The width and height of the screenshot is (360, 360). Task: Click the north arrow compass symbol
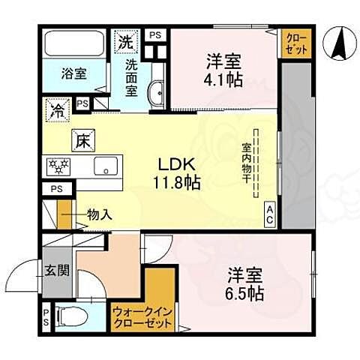tap(337, 45)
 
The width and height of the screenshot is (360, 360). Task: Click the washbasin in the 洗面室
tap(157, 92)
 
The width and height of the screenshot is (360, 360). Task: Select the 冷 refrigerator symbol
tap(57, 109)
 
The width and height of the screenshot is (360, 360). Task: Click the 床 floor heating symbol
tap(81, 139)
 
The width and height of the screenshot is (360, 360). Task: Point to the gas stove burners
tap(58, 164)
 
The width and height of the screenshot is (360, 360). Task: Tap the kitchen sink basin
tap(106, 166)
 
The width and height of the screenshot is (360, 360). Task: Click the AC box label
tap(268, 216)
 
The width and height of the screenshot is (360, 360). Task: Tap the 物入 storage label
tap(99, 214)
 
